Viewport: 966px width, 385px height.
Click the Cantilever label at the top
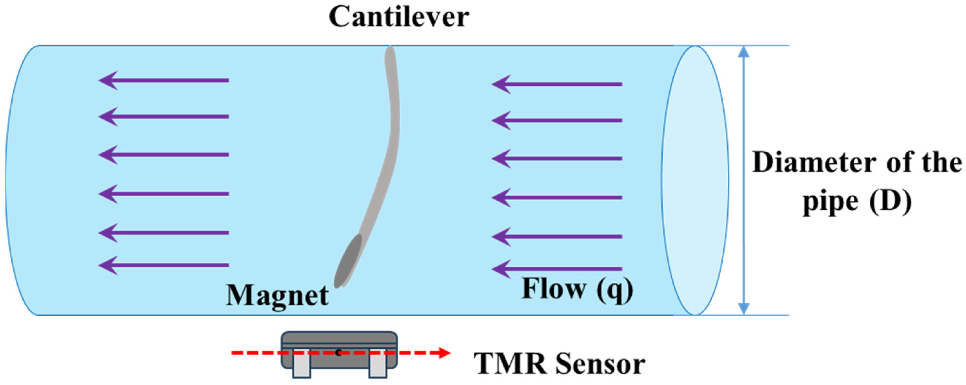pos(399,17)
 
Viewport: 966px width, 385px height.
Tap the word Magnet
pos(277,295)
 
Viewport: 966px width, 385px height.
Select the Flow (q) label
pos(577,289)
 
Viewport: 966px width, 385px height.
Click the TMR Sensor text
pos(559,364)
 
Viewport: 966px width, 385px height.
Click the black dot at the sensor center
pos(338,353)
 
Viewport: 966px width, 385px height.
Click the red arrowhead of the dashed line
pos(444,353)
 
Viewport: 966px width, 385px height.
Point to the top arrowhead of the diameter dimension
pos(743,62)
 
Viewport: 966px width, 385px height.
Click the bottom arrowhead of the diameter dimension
pos(743,309)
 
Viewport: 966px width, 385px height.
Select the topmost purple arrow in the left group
pos(163,80)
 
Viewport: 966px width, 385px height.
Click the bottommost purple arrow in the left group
pos(163,265)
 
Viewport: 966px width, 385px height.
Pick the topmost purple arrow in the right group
pos(557,84)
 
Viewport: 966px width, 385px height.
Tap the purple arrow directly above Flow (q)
pos(557,269)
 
